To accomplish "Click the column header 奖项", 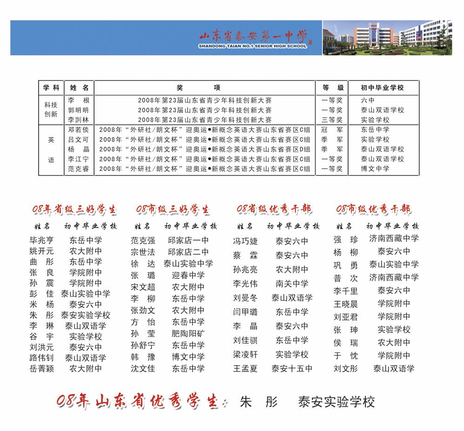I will [205, 88].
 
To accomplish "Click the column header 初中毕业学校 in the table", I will [383, 88].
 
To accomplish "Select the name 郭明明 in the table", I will [78, 110].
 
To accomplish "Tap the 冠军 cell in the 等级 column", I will [332, 130].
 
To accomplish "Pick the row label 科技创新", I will [51, 109].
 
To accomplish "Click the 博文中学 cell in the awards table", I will [375, 168].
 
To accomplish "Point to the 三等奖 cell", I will [332, 120].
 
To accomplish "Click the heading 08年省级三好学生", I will [74, 210].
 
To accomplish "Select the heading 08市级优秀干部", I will [373, 209].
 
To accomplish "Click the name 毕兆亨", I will [41, 241].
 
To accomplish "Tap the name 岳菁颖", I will [41, 369].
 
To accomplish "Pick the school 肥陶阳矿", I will [188, 334].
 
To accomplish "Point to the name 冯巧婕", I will [245, 242].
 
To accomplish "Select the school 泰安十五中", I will [292, 369].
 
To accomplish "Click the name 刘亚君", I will [346, 317].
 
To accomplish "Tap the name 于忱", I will [346, 356].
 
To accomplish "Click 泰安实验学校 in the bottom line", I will [336, 402].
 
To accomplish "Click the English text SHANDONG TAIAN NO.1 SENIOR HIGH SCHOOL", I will [252, 46].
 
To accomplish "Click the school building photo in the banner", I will [387, 38].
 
